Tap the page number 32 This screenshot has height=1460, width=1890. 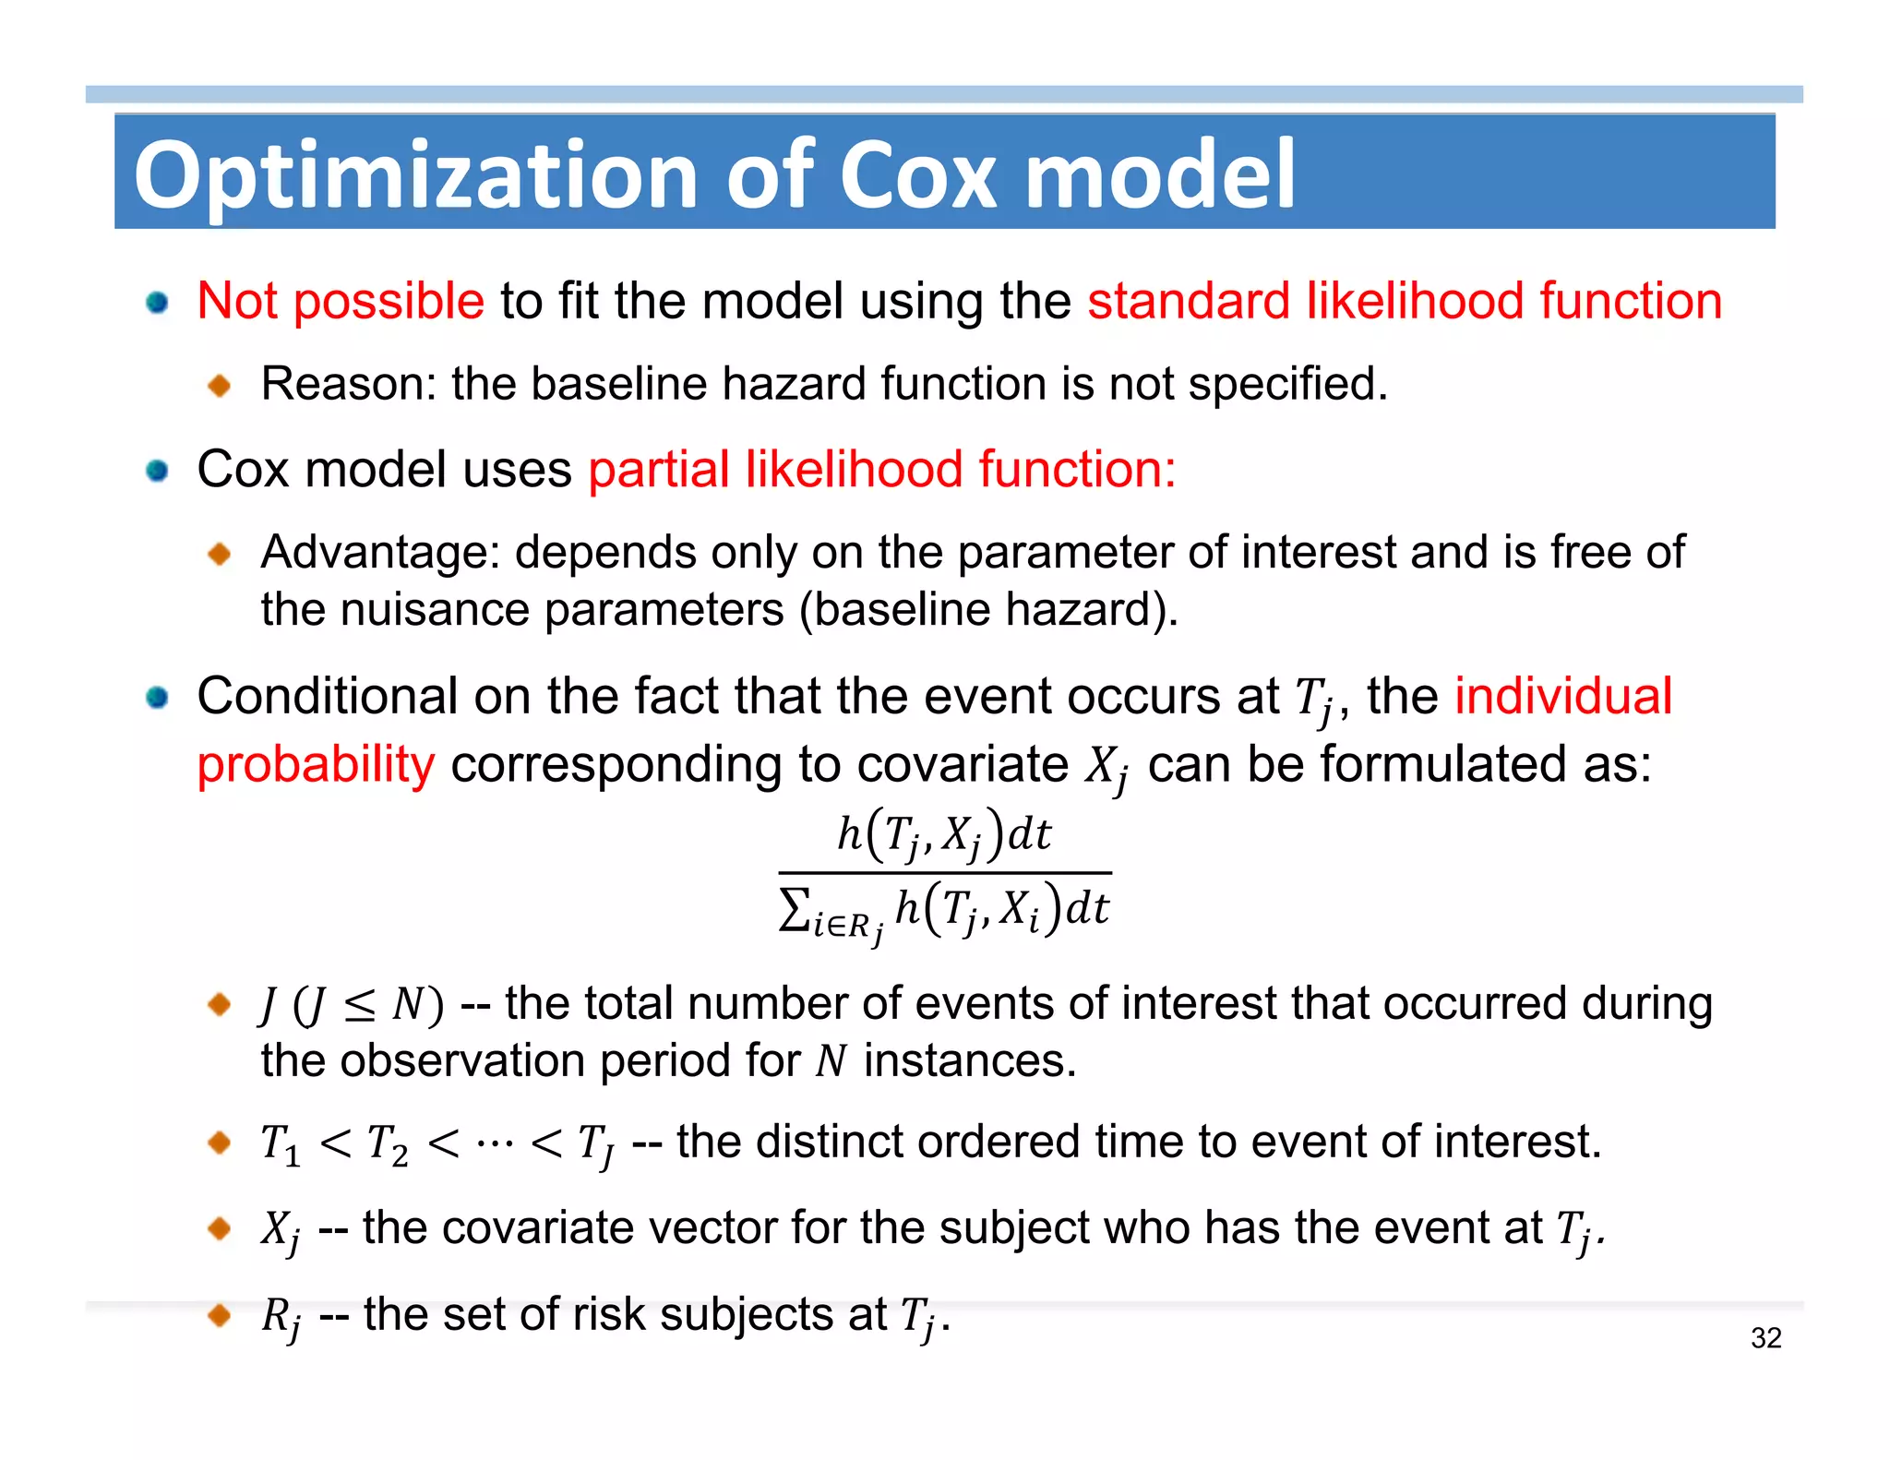point(1765,1337)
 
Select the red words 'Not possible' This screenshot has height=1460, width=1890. point(341,302)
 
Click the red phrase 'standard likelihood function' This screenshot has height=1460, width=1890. point(1404,302)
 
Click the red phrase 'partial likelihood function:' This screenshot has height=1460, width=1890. point(882,469)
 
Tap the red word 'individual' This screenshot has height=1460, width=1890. point(1562,696)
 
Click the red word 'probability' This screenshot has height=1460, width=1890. point(316,765)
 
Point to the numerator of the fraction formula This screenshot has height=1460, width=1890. point(943,834)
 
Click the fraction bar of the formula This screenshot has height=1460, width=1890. point(944,872)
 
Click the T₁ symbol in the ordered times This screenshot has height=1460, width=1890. point(281,1144)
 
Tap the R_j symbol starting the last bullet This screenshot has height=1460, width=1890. point(281,1318)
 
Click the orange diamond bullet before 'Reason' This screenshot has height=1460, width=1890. point(220,385)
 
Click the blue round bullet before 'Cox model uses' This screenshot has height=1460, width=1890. point(157,471)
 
